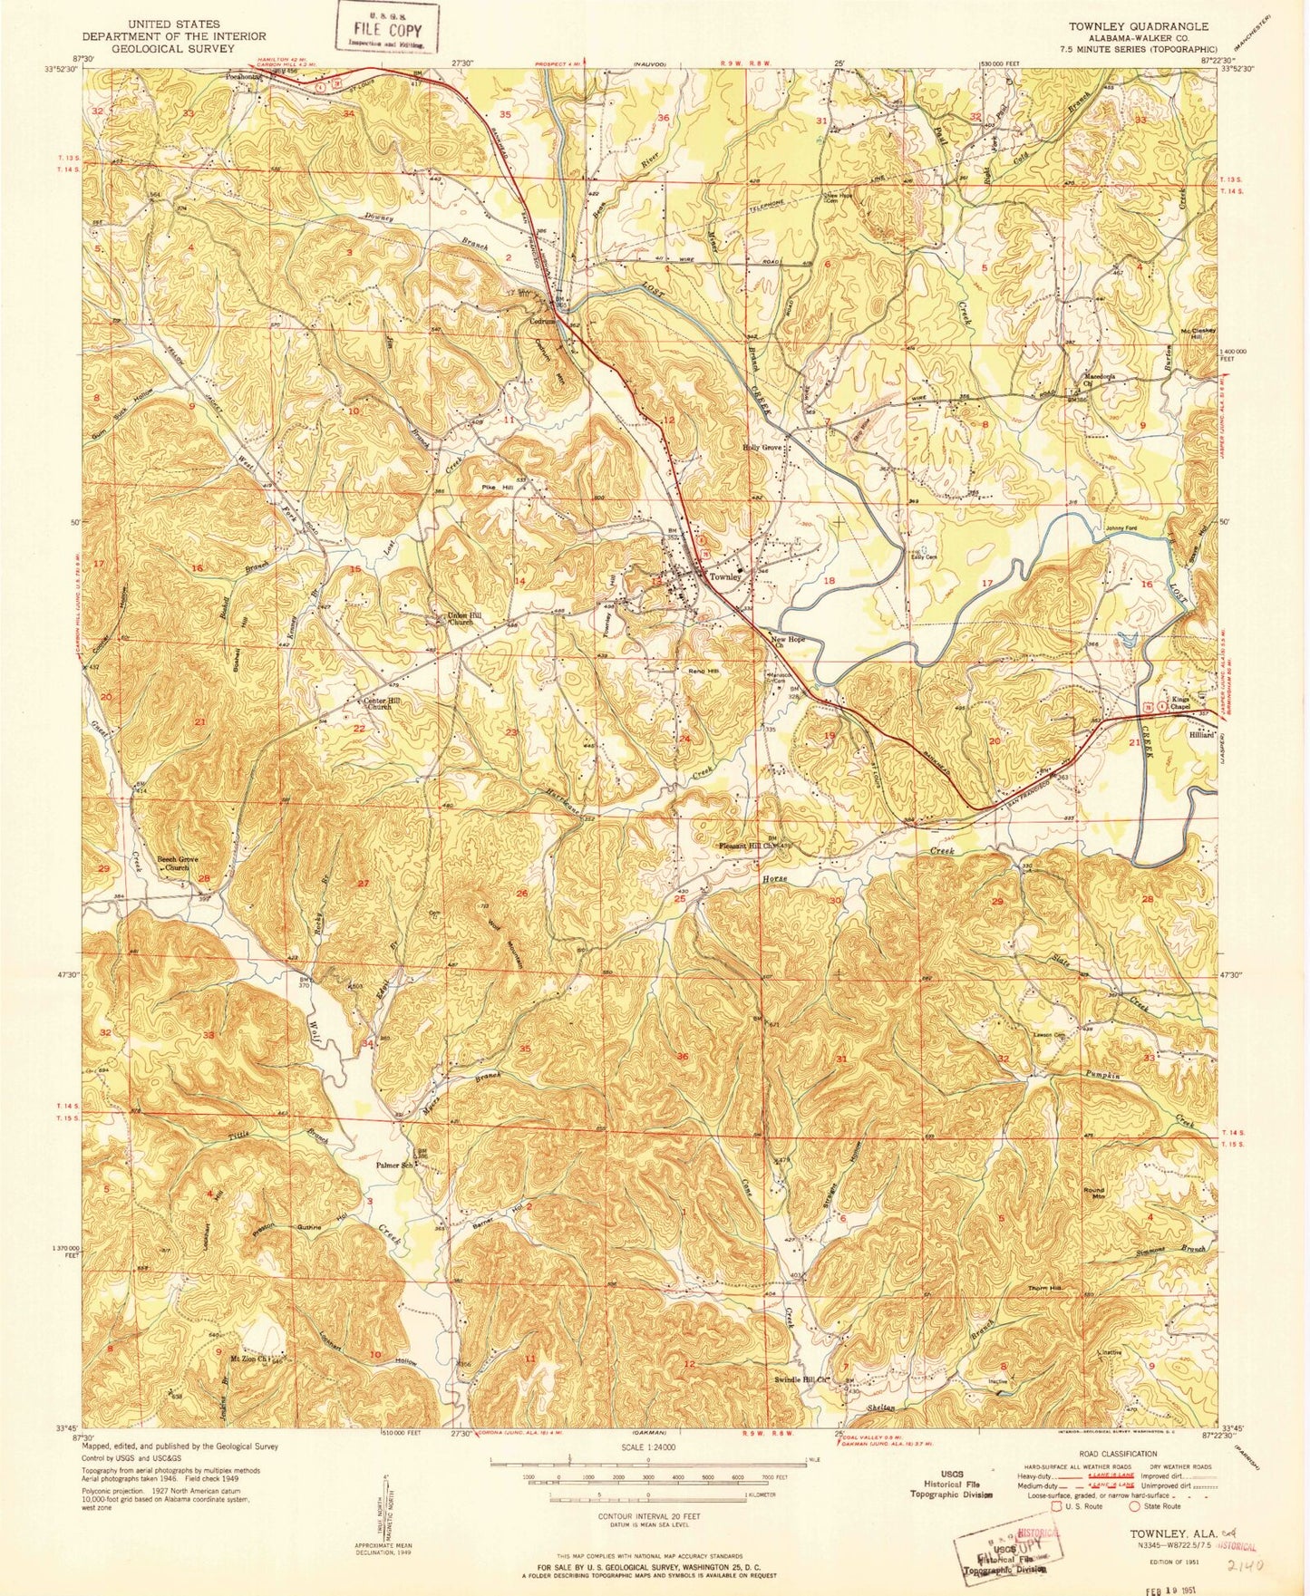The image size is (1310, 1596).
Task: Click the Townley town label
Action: pyautogui.click(x=725, y=576)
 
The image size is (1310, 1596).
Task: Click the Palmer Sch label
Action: pyautogui.click(x=395, y=1166)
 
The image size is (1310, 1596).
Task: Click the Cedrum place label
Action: pyautogui.click(x=543, y=319)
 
